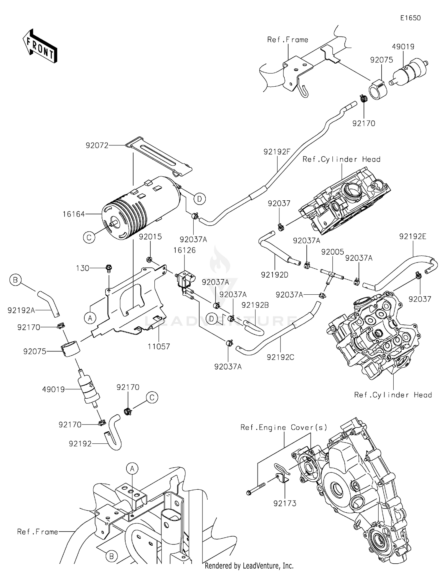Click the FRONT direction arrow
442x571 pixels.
40,47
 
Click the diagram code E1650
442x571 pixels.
410,18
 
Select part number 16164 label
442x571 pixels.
74,214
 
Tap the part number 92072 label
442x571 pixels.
97,145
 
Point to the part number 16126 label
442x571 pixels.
184,250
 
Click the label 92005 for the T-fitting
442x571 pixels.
332,252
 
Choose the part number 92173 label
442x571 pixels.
285,503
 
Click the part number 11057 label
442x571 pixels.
159,346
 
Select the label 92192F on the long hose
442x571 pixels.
277,152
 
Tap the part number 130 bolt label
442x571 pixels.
83,268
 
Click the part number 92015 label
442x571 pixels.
150,237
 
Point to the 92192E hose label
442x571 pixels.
413,237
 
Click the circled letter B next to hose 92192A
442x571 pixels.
15,280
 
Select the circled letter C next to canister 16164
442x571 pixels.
89,237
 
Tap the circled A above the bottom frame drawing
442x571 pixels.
132,468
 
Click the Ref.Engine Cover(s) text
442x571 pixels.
284,427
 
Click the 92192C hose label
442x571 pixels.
280,357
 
